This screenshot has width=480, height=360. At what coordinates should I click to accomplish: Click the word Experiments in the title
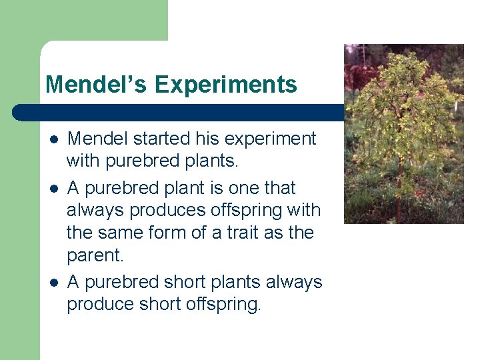click(x=226, y=85)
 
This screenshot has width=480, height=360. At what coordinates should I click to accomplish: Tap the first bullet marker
click(x=53, y=139)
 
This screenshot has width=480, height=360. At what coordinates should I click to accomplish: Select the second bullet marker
click(x=53, y=189)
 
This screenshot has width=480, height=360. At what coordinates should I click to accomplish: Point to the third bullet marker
click(x=53, y=283)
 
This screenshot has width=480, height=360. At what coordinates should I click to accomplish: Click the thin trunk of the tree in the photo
click(x=399, y=200)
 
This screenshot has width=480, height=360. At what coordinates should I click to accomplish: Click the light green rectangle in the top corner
click(x=83, y=20)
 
